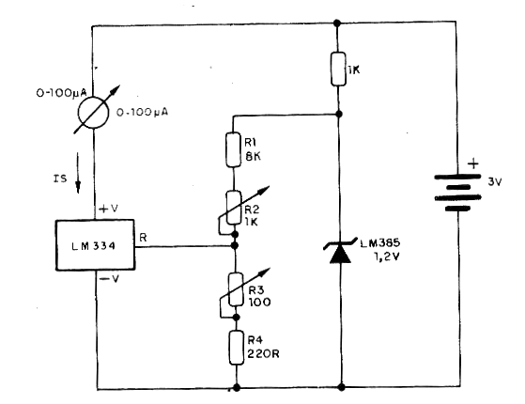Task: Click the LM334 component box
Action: tap(95, 245)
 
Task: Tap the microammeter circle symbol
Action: tap(93, 113)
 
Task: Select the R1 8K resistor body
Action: tap(233, 149)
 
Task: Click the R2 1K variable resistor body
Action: tap(234, 208)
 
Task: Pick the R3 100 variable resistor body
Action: tap(236, 289)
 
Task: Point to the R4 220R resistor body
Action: tap(237, 348)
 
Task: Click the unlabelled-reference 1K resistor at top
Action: tap(338, 69)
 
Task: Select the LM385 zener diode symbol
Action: tap(340, 251)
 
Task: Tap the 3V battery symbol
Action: tap(457, 193)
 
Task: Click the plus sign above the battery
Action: tap(473, 163)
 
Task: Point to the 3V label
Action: tap(495, 182)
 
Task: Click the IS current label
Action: tap(60, 179)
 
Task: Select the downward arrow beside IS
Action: tap(78, 173)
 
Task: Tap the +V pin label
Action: tap(109, 209)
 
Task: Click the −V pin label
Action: tap(110, 278)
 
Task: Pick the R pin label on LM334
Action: tap(143, 238)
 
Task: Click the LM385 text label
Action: tap(380, 242)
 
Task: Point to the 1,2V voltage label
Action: tap(387, 256)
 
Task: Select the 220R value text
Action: tap(263, 354)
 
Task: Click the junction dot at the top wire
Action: tap(337, 23)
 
